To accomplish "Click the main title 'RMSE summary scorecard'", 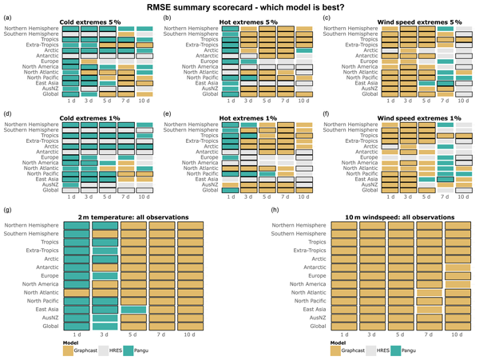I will pyautogui.click(x=239, y=8).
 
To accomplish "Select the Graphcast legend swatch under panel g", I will pyautogui.click(x=68, y=351).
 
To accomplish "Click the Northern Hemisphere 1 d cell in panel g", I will pyautogui.click(x=76, y=227).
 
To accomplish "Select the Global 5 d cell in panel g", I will pyautogui.click(x=133, y=326).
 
